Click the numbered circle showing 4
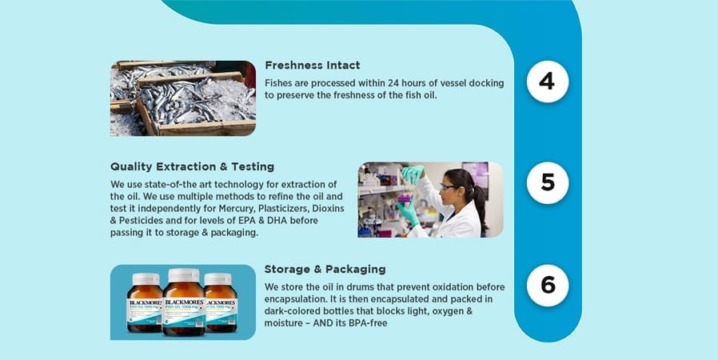tap(548, 82)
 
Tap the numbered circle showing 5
tap(548, 182)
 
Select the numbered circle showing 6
tap(548, 286)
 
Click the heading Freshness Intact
tap(313, 66)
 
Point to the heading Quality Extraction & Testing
tap(193, 166)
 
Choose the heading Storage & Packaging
tap(325, 269)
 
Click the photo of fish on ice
tap(183, 98)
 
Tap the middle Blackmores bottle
tap(184, 302)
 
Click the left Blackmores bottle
tap(146, 302)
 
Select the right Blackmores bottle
tap(221, 302)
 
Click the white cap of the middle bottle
tap(184, 275)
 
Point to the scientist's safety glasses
tap(448, 187)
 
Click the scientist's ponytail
tap(480, 206)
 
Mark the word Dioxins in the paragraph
tap(329, 208)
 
